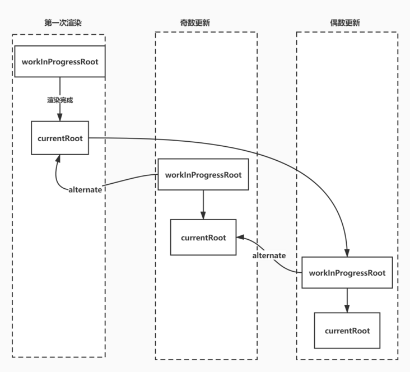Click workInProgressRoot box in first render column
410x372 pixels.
coord(60,62)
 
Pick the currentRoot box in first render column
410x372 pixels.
coord(60,138)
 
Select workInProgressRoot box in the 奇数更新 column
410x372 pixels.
coord(203,175)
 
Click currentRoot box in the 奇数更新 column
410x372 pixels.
coord(203,238)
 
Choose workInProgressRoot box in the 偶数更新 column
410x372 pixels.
coord(347,273)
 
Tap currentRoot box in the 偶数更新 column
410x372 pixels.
coord(347,331)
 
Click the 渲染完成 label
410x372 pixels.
coord(60,100)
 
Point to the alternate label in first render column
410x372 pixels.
coord(85,189)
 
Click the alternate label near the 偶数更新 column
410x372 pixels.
coord(269,255)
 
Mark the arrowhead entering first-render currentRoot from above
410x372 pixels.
coord(60,117)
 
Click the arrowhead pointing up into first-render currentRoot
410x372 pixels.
coord(58,159)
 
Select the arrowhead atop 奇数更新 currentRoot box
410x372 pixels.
coord(203,216)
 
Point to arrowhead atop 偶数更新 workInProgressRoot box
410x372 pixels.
coord(347,253)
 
